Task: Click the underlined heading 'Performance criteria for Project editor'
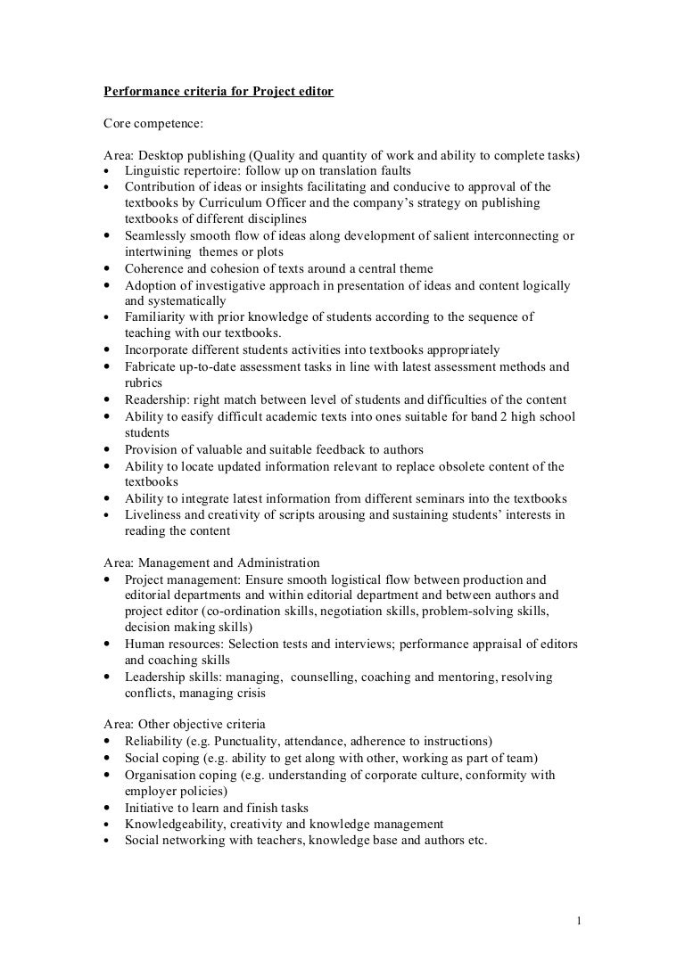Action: pos(219,91)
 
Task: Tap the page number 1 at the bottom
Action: pos(579,920)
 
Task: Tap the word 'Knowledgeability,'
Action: pos(177,823)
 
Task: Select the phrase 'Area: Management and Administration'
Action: pos(212,563)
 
